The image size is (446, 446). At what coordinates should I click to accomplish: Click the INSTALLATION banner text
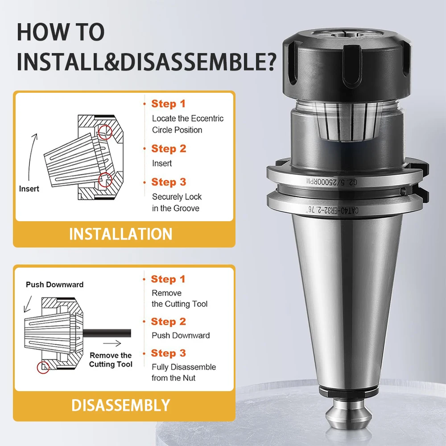tap(120, 234)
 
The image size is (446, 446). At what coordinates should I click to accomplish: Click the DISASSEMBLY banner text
tap(120, 405)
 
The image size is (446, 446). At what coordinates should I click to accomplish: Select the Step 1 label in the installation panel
tap(168, 103)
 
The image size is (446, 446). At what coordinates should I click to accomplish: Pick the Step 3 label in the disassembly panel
tap(168, 353)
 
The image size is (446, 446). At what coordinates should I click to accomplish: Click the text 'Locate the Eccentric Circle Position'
tap(188, 124)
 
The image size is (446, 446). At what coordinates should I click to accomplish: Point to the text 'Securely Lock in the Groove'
tap(177, 202)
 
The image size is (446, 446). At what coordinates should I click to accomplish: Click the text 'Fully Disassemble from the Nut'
tap(184, 372)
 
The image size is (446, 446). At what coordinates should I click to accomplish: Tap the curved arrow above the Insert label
tap(31, 158)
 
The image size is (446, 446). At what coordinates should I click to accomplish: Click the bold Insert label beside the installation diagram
tap(29, 189)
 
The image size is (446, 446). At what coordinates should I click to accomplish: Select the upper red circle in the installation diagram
tap(105, 132)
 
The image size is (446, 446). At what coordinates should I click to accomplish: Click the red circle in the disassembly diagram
tap(43, 367)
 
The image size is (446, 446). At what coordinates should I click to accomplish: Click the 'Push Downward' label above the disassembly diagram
tap(54, 285)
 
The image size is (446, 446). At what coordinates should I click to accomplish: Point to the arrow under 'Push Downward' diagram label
tap(28, 304)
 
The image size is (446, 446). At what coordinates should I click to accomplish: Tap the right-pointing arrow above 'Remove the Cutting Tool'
tap(112, 343)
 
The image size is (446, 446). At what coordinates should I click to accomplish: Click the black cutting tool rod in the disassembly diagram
tap(107, 333)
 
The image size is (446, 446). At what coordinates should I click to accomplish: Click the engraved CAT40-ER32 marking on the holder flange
tap(332, 210)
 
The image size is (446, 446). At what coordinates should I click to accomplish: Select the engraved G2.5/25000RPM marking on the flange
tap(331, 182)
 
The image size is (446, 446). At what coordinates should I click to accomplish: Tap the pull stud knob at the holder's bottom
tap(348, 413)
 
